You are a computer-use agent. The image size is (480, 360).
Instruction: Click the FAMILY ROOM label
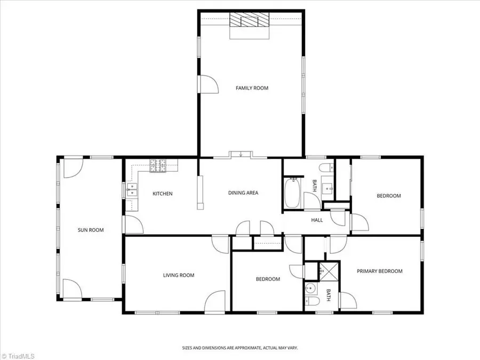(x=252, y=88)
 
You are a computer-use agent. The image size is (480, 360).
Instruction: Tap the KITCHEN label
(x=163, y=194)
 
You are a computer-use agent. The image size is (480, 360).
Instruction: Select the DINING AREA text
(x=243, y=193)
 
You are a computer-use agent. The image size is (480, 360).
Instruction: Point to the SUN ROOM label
(x=91, y=230)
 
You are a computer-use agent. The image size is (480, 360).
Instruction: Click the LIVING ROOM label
(x=179, y=275)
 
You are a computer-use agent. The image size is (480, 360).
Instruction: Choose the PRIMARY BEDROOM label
(x=380, y=271)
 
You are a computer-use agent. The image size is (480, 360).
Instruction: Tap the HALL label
(x=317, y=220)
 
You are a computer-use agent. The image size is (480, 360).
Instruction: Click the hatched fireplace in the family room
(x=250, y=20)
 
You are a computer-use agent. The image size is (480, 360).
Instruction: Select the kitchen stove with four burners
(x=158, y=166)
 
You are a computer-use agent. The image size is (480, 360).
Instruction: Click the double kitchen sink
(x=132, y=189)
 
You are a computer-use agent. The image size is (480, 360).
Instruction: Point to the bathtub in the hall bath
(x=292, y=193)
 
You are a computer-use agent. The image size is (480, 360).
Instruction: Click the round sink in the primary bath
(x=310, y=288)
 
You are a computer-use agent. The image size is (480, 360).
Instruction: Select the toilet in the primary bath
(x=312, y=301)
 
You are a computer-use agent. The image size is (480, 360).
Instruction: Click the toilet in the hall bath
(x=326, y=168)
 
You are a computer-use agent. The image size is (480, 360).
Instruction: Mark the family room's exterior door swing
(x=209, y=84)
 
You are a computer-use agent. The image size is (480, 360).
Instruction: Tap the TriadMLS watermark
(x=18, y=356)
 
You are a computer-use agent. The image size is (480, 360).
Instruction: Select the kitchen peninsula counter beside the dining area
(x=200, y=192)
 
